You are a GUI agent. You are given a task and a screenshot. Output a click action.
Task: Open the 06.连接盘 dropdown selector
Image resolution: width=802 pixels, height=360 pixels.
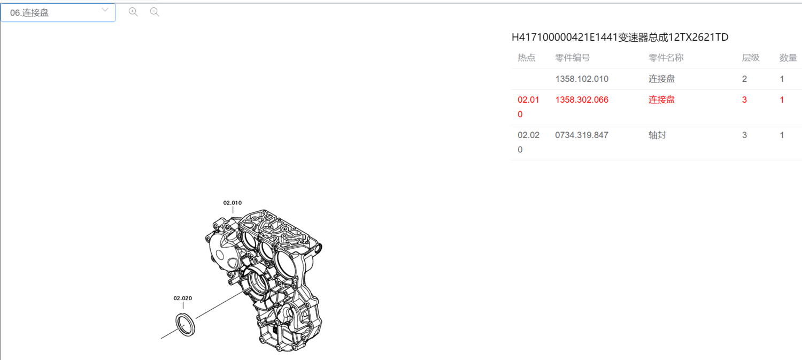pos(58,12)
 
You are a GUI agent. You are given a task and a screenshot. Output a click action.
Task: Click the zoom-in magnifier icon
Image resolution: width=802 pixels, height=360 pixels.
pos(133,12)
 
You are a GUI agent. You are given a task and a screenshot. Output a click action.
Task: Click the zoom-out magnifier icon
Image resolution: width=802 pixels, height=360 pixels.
pos(155,12)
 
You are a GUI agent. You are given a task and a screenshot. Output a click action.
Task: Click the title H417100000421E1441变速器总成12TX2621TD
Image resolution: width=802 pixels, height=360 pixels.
pos(620,37)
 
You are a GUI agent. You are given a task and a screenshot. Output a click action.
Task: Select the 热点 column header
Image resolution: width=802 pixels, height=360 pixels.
pos(526,58)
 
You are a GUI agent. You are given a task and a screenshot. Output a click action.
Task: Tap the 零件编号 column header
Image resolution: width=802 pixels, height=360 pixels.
pos(573,58)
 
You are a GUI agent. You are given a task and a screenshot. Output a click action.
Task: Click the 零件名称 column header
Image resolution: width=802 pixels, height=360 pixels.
pos(666,58)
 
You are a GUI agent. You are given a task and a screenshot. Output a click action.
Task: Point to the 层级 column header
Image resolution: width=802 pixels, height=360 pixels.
pos(751,58)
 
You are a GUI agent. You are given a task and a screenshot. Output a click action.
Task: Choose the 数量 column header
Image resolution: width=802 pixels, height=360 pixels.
pos(788,58)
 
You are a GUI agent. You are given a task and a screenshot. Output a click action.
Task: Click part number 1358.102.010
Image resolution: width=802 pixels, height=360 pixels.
pos(582,79)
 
